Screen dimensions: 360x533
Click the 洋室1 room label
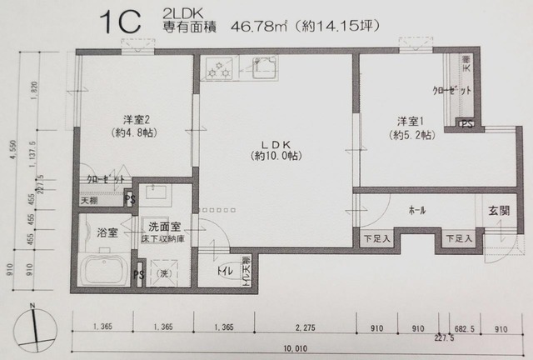pyautogui.click(x=410, y=122)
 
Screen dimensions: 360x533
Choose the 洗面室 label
pyautogui.click(x=165, y=227)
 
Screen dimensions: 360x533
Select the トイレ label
pyautogui.click(x=224, y=272)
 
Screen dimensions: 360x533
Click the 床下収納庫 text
pyautogui.click(x=167, y=239)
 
